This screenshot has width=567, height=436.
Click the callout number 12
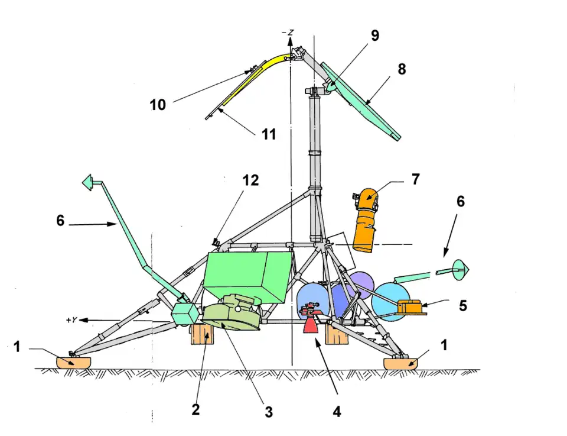click(x=251, y=180)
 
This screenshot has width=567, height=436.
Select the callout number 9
click(x=375, y=35)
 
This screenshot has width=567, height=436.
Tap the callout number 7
click(x=416, y=179)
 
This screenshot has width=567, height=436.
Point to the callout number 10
click(x=157, y=105)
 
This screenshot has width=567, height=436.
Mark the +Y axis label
click(x=73, y=320)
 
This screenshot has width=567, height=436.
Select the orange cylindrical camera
click(x=366, y=222)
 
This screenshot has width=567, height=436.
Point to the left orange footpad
click(x=74, y=361)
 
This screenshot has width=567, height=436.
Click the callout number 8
click(x=402, y=69)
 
